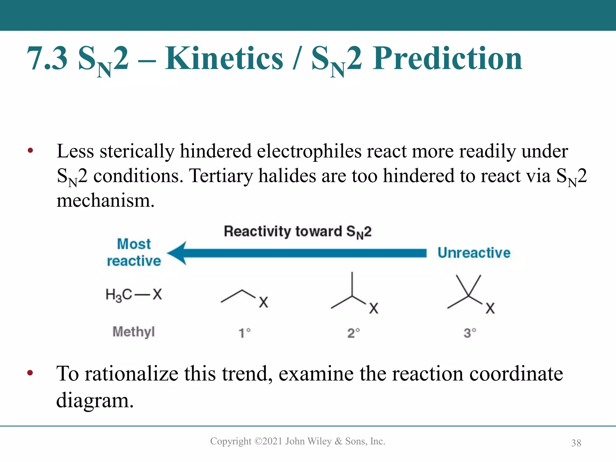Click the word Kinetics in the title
pos(224,58)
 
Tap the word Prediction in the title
pos(447,58)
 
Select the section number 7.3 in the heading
pos(47,58)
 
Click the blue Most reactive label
pos(134,252)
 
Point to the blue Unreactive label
pos(474,253)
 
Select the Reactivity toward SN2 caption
pos(297,232)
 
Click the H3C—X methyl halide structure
pos(134,294)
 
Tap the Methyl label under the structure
pos(134,332)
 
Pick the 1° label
pos(245,333)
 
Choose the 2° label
pos(353,333)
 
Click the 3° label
pos(470,333)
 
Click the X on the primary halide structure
pos(263,302)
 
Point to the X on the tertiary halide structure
pos(490,308)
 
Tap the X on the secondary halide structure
pos(374,308)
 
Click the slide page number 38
pos(576,443)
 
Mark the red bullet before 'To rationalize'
pos(30,373)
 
